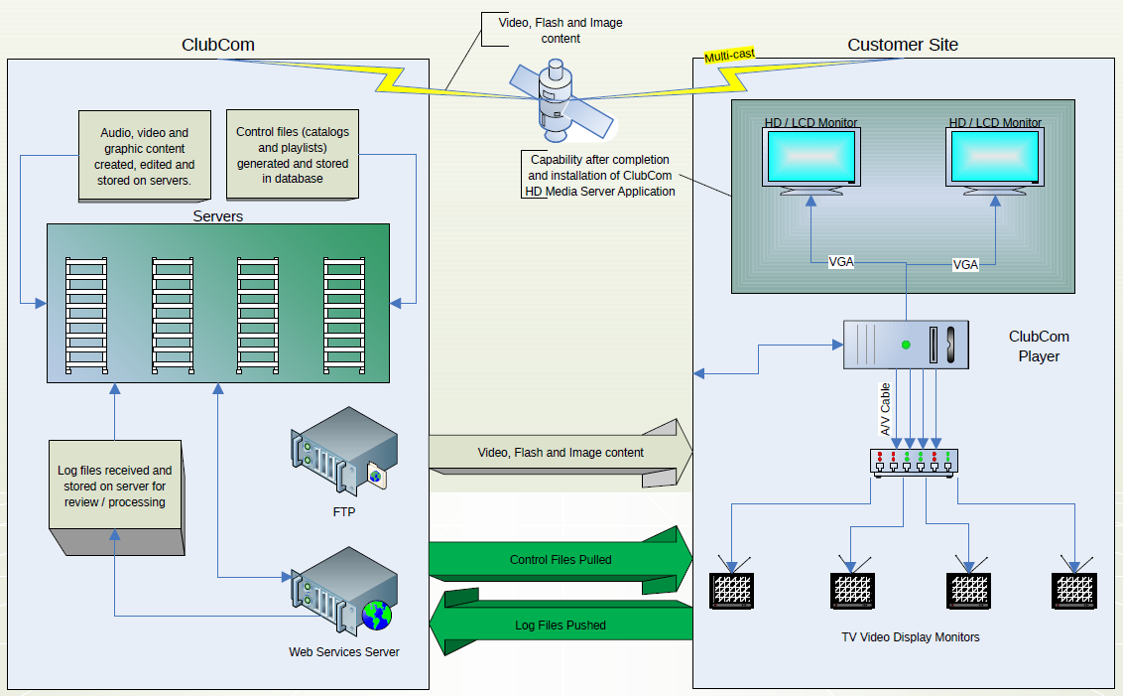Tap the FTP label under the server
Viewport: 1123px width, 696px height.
tap(344, 512)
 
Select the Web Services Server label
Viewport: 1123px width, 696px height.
tap(344, 652)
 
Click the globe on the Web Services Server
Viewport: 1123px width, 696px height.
tap(376, 616)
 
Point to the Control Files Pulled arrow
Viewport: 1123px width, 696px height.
tap(561, 559)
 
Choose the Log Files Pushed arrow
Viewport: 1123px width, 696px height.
tap(561, 625)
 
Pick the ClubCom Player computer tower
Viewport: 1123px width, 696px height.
tap(904, 345)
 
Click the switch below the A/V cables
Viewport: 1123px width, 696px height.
tap(913, 462)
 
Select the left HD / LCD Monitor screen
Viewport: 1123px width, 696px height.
tap(810, 156)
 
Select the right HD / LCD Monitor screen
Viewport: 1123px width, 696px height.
tap(995, 156)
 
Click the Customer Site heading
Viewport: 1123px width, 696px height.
tap(903, 45)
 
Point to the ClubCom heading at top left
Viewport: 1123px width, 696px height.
tap(217, 45)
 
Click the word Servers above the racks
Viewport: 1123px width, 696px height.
tap(218, 215)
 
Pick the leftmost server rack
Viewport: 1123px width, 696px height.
tap(85, 315)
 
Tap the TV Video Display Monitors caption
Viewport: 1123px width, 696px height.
tap(910, 637)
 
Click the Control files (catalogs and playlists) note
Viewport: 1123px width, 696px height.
tap(293, 155)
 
